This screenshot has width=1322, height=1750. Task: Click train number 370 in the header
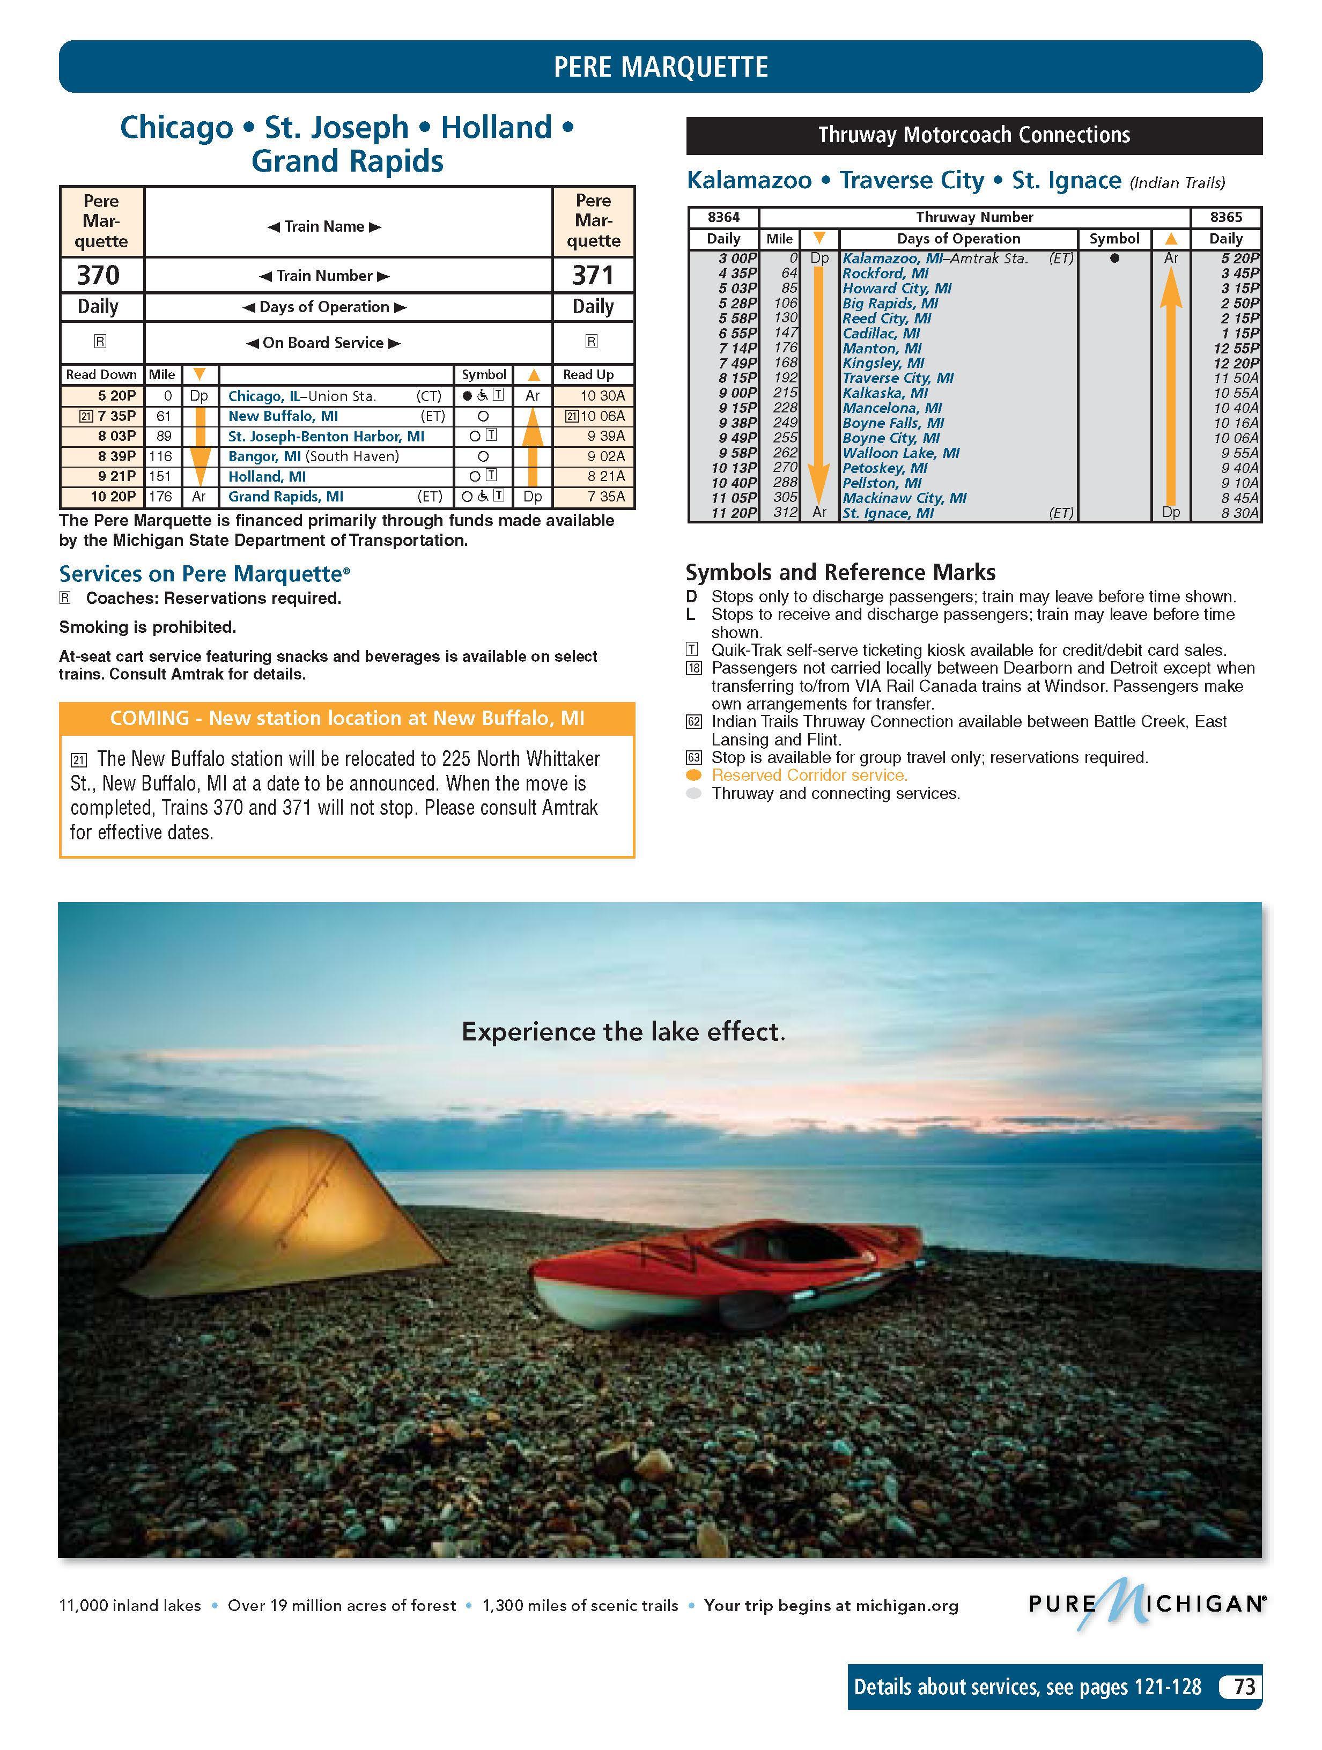point(98,275)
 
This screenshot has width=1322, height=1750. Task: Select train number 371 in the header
point(593,275)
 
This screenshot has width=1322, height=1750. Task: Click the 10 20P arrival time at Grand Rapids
point(113,497)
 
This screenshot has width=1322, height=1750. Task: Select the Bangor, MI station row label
point(313,456)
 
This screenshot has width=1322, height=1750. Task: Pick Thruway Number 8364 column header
point(723,217)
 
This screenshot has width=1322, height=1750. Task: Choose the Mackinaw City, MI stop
point(904,498)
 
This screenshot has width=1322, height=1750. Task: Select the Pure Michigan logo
point(1145,1604)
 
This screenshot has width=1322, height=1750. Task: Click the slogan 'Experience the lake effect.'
point(623,1032)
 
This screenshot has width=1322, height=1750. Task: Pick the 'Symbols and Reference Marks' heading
point(840,572)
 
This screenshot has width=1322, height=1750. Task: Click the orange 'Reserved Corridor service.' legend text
point(809,776)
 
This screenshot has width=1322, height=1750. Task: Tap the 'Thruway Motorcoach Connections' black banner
point(974,135)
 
